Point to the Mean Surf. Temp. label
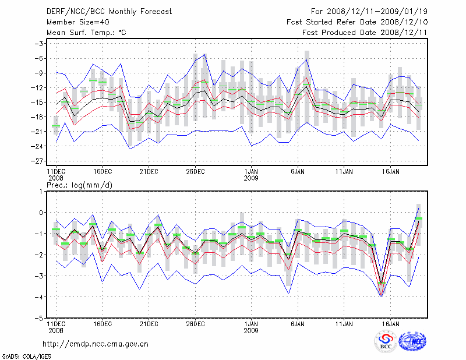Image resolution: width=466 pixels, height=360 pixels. coord(86,33)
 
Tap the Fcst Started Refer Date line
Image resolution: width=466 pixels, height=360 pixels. coord(357,22)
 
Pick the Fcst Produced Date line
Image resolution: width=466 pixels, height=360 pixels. coord(365,33)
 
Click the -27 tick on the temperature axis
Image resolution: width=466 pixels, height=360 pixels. coord(38,161)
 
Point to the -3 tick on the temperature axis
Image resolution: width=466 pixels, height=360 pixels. coord(40,44)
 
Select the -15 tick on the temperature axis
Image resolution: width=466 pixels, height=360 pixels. coord(38,102)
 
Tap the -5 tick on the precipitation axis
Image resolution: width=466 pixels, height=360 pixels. coord(40,318)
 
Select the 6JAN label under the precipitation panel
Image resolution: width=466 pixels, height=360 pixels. coord(298,323)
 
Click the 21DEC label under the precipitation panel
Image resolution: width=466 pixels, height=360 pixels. coord(149,323)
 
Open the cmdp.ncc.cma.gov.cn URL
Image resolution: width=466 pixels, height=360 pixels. coord(96,344)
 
